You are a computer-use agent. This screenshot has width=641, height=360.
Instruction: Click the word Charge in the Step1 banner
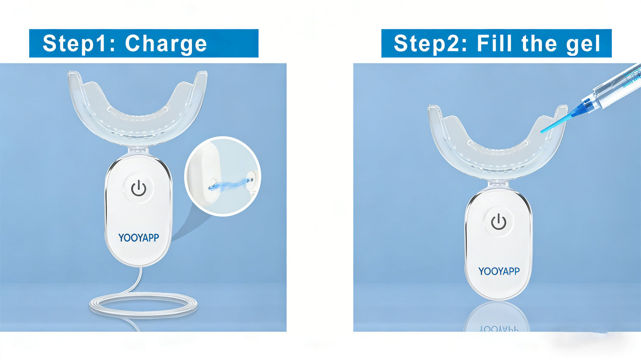[x=166, y=44]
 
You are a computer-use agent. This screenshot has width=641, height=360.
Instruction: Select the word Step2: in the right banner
[x=430, y=44]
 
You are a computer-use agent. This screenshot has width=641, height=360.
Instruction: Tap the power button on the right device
[x=499, y=222]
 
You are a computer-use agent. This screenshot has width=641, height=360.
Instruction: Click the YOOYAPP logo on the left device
[x=138, y=237]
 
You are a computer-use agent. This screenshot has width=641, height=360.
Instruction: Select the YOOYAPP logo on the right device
[x=499, y=271]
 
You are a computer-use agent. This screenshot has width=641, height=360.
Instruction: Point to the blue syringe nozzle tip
[x=541, y=132]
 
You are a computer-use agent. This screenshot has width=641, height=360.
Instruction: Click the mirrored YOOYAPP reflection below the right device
[x=499, y=329]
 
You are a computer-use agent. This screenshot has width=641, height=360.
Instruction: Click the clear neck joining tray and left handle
[x=138, y=151]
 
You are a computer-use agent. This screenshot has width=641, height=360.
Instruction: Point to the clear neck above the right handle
[x=498, y=184]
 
